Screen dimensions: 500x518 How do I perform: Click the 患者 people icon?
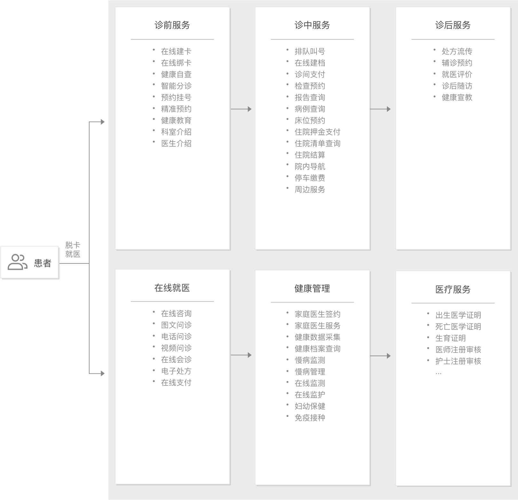18,262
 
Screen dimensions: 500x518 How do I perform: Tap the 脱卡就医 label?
73,250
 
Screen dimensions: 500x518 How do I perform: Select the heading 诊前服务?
172,25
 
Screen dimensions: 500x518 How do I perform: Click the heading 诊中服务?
312,25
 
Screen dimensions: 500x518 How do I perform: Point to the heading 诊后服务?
453,25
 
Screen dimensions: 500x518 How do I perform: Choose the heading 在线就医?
172,288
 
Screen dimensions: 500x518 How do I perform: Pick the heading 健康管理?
312,288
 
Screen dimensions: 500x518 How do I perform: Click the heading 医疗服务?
453,289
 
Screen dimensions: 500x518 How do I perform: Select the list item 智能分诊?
176,86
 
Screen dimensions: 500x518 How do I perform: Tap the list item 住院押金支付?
318,132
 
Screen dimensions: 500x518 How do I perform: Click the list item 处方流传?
457,51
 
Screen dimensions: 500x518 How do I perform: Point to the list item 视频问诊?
176,348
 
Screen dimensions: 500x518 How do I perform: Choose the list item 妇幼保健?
310,406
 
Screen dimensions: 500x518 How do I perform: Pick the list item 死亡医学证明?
458,327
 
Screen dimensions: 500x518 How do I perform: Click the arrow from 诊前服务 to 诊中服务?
241,109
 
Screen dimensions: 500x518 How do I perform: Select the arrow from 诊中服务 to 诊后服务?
380,109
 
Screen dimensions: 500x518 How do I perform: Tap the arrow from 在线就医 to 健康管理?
241,355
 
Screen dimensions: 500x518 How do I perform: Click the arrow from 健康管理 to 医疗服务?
380,356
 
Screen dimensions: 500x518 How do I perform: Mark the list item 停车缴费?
310,178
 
